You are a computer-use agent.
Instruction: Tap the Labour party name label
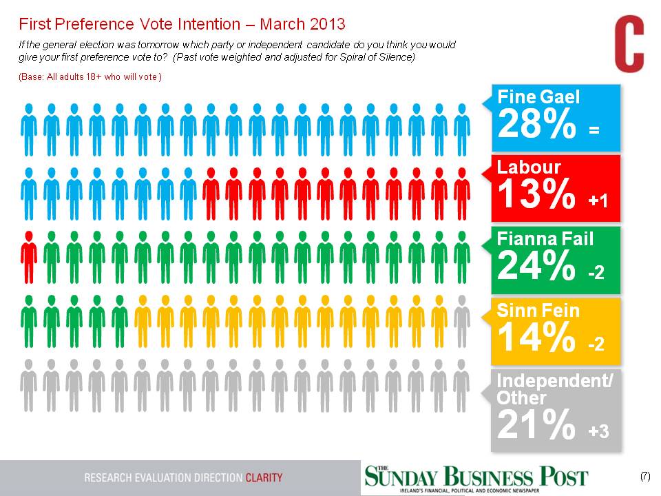pyautogui.click(x=529, y=167)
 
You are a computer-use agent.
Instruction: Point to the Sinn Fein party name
pyautogui.click(x=538, y=311)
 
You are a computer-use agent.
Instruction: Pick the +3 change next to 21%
pyautogui.click(x=598, y=431)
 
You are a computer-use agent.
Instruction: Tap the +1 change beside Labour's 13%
pyautogui.click(x=597, y=200)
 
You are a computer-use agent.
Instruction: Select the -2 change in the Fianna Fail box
pyautogui.click(x=596, y=273)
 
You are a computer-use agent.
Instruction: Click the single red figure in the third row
pyautogui.click(x=28, y=256)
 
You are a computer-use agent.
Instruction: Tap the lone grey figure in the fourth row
pyautogui.click(x=462, y=320)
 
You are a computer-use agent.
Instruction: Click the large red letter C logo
pyautogui.click(x=629, y=45)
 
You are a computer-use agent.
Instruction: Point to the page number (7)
pyautogui.click(x=644, y=476)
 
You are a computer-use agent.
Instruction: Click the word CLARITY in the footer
pyautogui.click(x=264, y=477)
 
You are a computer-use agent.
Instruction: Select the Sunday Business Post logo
pyautogui.click(x=476, y=477)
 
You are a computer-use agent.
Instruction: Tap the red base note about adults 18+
pyautogui.click(x=90, y=77)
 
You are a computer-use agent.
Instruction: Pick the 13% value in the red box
pyautogui.click(x=535, y=196)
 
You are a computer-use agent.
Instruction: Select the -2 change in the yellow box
pyautogui.click(x=596, y=343)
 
